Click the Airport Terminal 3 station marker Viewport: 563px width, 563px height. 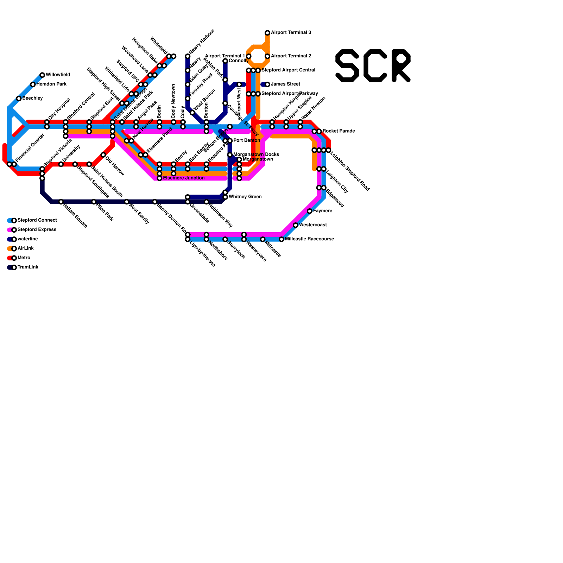[267, 33]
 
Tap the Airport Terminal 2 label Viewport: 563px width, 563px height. [291, 56]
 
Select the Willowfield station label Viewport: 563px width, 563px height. [58, 75]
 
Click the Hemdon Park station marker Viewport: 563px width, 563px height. [33, 84]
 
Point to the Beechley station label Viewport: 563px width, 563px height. [32, 98]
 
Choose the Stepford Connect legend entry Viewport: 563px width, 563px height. [37, 220]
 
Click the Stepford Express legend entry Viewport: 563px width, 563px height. [37, 230]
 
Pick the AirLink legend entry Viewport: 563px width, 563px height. [25, 248]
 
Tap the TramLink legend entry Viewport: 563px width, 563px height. [28, 267]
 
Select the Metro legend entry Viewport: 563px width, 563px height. [24, 258]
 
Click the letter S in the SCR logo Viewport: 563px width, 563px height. [347, 66]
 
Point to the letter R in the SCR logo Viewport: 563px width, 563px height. [401, 66]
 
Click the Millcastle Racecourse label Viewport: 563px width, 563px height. [309, 239]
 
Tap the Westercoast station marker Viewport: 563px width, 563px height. [296, 225]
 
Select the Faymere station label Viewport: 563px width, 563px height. [322, 211]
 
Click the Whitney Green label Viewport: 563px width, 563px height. [245, 197]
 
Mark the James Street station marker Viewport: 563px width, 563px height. [267, 84]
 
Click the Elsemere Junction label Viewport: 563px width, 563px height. [184, 178]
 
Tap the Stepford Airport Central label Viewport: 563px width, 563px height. [288, 70]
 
